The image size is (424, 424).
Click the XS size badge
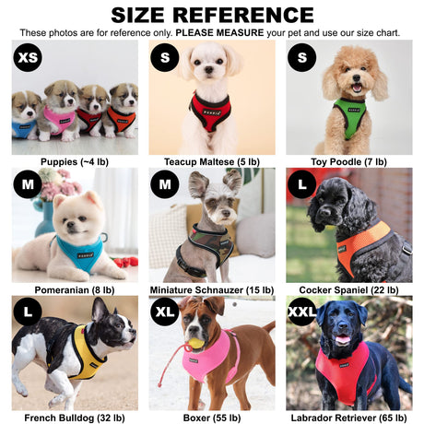click(28, 57)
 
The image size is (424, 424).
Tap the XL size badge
click(165, 312)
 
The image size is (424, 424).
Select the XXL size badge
click(302, 312)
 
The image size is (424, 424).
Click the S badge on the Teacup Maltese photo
click(165, 57)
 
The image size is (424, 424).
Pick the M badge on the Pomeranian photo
click(28, 184)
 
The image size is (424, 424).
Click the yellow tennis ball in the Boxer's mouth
click(194, 343)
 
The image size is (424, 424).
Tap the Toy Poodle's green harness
click(350, 118)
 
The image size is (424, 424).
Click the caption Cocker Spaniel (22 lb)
click(348, 290)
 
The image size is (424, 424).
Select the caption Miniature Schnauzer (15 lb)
click(212, 290)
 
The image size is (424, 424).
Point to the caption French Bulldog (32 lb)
click(75, 418)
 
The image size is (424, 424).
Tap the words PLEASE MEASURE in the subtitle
click(219, 33)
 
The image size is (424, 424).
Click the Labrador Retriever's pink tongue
click(343, 339)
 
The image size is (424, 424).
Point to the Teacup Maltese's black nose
click(209, 70)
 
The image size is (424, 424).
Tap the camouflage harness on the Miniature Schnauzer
click(206, 246)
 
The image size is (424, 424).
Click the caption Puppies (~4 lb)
click(75, 162)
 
